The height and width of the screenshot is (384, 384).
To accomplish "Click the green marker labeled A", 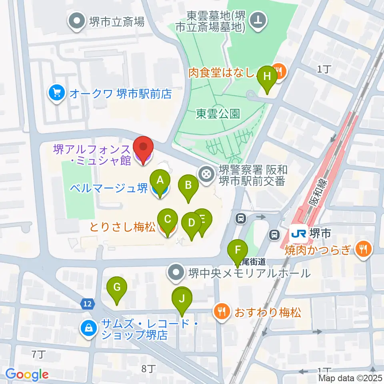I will [x=160, y=183].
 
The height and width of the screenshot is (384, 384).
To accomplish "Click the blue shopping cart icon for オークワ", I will [x=56, y=94].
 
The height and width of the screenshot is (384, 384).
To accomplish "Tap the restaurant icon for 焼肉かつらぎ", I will [x=363, y=250].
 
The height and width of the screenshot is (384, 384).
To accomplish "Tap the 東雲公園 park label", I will [x=218, y=114].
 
